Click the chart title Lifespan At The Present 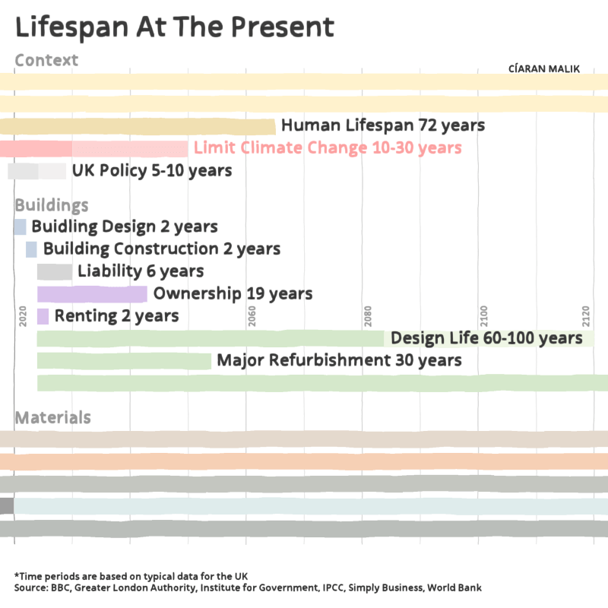[175, 27]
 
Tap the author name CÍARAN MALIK [543, 68]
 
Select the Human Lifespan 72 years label [383, 125]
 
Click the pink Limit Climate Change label [328, 147]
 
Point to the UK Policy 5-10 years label [152, 170]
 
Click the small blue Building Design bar [20, 226]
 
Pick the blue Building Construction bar [31, 249]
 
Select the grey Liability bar [55, 271]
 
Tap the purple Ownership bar [92, 293]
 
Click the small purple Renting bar [43, 315]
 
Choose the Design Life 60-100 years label [486, 338]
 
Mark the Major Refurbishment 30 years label [339, 360]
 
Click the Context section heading [46, 60]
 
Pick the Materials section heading [53, 417]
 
